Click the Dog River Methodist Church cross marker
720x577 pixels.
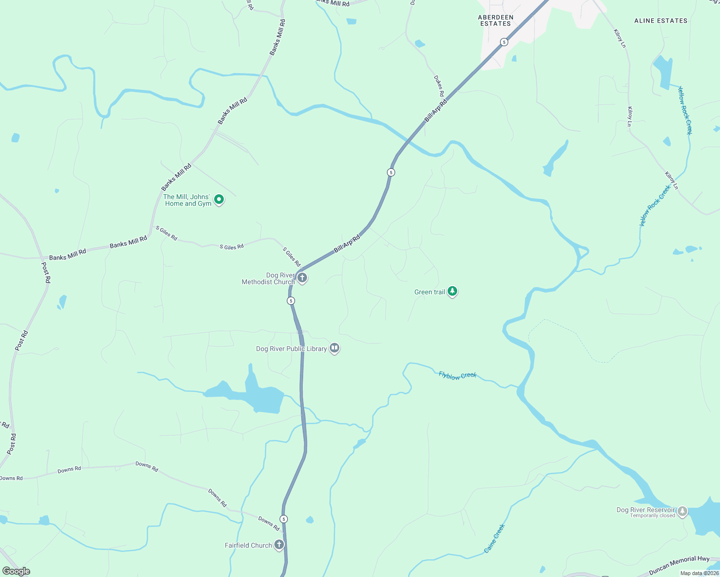click(302, 277)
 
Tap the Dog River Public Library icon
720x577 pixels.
click(334, 348)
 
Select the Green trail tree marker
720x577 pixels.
click(452, 291)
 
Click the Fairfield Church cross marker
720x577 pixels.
click(279, 544)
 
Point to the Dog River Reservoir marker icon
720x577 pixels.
click(682, 512)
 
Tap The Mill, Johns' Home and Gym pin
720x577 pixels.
click(219, 199)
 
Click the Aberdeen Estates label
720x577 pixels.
click(495, 20)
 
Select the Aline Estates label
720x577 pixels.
click(660, 21)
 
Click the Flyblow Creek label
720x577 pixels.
click(457, 376)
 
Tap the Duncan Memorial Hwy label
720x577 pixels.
click(679, 565)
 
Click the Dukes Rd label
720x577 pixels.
click(438, 86)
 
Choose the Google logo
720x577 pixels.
click(16, 571)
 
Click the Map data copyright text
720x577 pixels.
click(699, 573)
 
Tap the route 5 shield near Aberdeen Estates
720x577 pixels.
click(503, 42)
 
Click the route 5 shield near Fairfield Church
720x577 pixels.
click(284, 519)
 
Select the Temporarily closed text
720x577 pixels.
click(652, 516)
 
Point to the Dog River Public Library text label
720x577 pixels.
click(291, 349)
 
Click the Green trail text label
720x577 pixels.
click(429, 292)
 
